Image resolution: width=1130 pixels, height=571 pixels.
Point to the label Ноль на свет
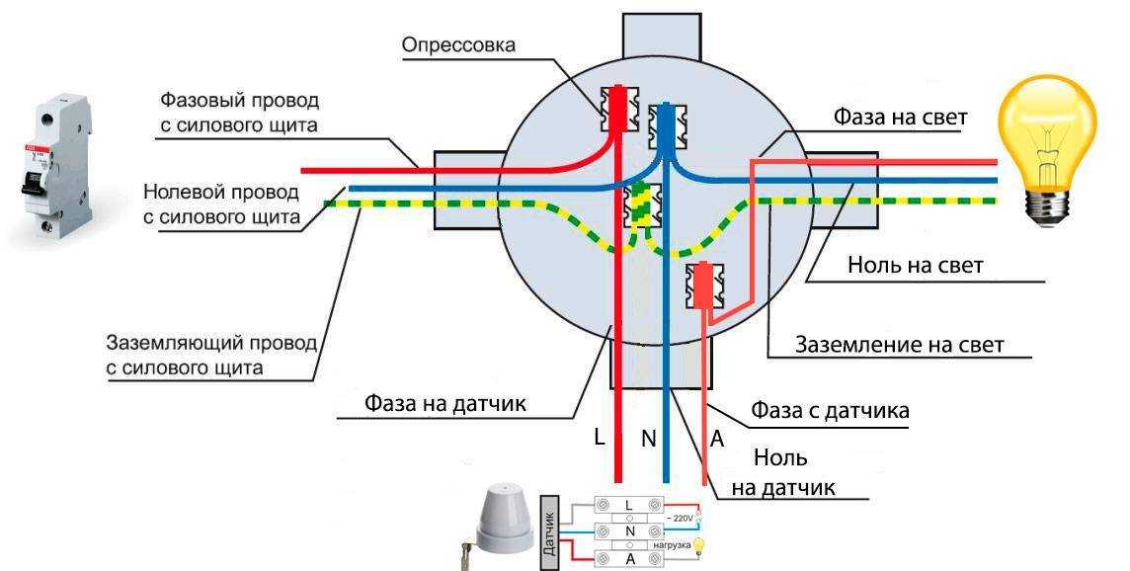[x=915, y=266]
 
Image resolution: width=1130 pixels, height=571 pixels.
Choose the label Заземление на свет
[x=899, y=345]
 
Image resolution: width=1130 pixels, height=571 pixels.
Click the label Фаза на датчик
[x=444, y=403]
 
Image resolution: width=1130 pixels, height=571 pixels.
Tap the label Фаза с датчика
[x=830, y=409]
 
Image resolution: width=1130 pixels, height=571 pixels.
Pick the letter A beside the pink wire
[x=717, y=439]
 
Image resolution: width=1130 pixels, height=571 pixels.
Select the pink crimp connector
[x=705, y=285]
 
